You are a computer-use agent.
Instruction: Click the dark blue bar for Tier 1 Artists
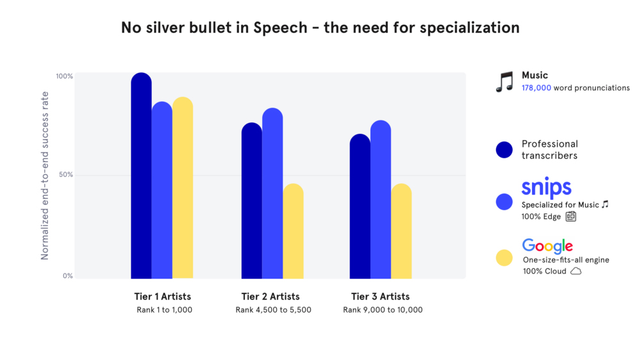point(141,176)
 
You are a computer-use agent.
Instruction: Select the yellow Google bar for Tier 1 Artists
point(183,188)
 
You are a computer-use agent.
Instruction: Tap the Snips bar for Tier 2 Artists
point(272,193)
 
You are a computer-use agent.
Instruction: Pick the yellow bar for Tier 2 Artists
point(293,231)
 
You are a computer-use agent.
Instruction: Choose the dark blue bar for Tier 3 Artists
point(360,206)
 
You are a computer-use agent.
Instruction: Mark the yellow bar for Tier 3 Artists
point(401,231)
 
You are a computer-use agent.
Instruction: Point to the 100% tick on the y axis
point(65,76)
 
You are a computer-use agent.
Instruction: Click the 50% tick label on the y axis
point(66,175)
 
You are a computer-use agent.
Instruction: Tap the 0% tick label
point(68,276)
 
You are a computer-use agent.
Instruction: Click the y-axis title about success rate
point(45,176)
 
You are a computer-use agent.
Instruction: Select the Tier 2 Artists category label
point(271,297)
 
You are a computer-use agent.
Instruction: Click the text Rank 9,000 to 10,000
point(383,310)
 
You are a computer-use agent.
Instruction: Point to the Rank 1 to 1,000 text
point(164,310)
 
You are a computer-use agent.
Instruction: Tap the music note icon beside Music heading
point(504,82)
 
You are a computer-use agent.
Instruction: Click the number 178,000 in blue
point(537,88)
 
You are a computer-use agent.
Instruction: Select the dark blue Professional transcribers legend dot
point(504,149)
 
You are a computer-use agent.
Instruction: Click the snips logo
point(546,188)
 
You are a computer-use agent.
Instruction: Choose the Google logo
point(547,246)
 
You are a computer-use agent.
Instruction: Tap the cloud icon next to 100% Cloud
point(576,271)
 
